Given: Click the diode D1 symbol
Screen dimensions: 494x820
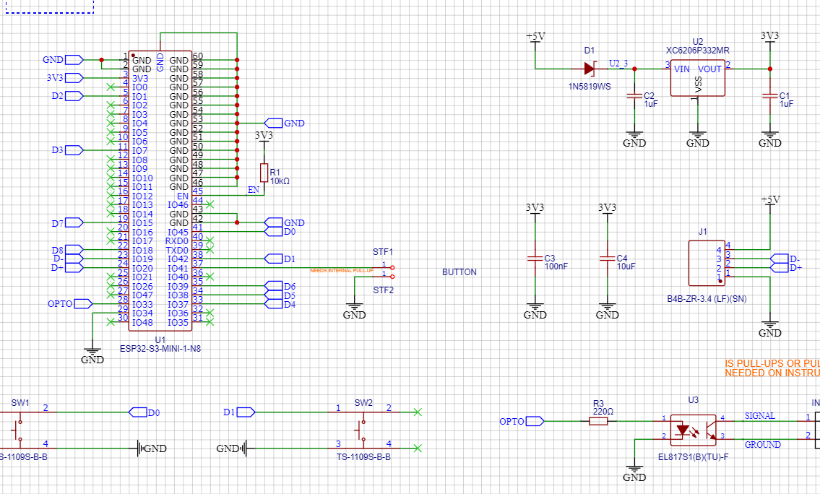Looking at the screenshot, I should point(589,69).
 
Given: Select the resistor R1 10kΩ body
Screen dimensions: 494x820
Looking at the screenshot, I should point(264,172).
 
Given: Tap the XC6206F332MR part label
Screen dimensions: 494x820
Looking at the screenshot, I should point(697,51).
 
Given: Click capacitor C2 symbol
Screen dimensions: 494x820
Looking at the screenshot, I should point(634,95).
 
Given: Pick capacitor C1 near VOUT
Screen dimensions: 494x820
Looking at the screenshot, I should point(770,95).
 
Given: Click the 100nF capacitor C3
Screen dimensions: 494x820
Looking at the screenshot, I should point(535,258).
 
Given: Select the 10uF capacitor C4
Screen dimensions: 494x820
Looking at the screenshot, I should point(608,258).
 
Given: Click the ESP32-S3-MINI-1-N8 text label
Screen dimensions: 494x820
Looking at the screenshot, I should point(160,349).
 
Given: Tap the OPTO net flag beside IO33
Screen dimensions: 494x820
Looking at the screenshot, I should point(82,304).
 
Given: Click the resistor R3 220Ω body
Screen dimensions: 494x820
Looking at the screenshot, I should point(598,420).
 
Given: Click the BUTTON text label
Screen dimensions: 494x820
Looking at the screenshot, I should point(459,272).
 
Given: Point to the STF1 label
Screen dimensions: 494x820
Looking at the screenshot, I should point(382,252).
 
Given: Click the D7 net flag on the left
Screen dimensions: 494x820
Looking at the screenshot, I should point(74,222).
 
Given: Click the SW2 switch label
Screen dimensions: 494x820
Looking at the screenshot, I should point(363,402).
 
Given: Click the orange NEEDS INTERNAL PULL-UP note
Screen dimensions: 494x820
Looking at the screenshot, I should point(342,270).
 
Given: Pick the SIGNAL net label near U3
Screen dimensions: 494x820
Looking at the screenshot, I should point(759,416).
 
